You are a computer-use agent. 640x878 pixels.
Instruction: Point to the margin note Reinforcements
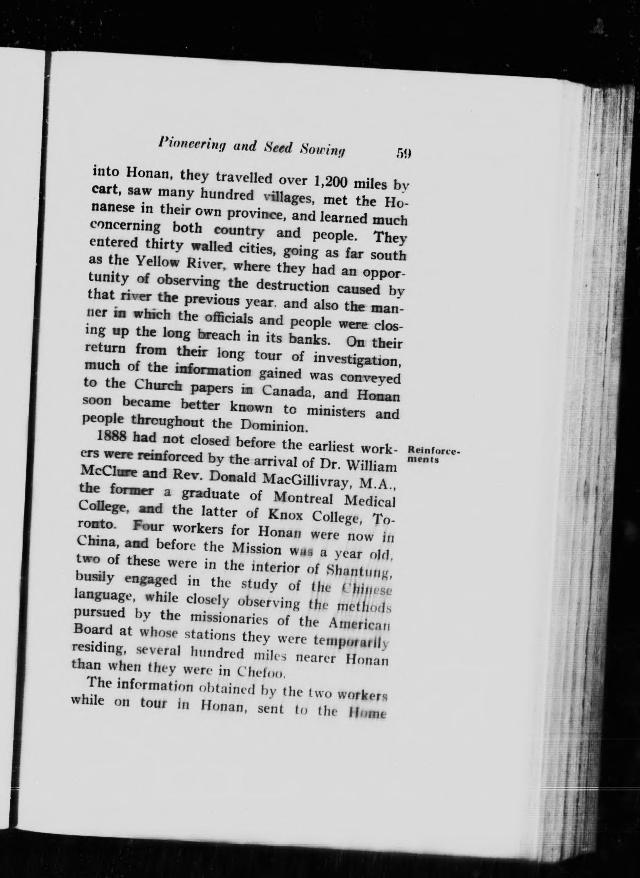[433, 455]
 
